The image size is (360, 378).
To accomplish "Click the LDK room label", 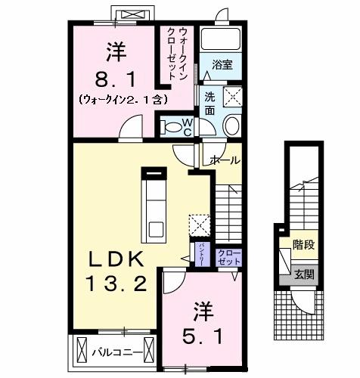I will (x=114, y=259).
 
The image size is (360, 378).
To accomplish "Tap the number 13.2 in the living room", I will (x=115, y=285).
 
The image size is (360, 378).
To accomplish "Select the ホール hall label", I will (x=224, y=161).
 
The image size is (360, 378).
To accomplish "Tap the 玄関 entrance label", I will (x=304, y=274).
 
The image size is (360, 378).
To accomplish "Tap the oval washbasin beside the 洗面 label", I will (x=231, y=125).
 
